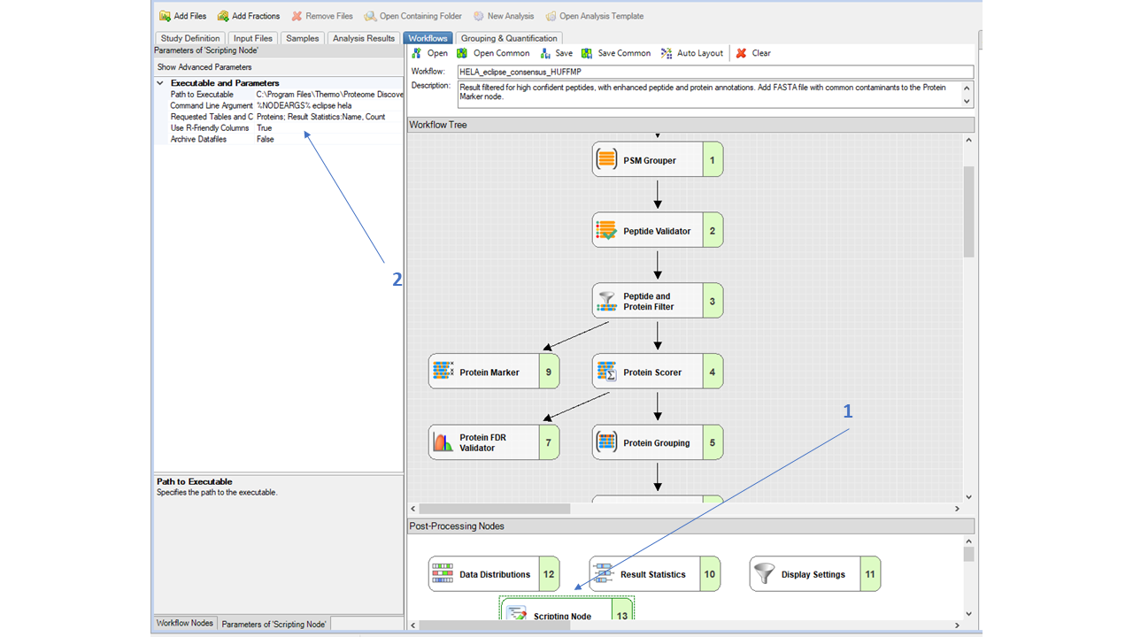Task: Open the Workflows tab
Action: pyautogui.click(x=428, y=38)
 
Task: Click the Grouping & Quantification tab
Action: pyautogui.click(x=509, y=38)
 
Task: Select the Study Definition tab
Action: pyautogui.click(x=189, y=38)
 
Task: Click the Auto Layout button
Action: pyautogui.click(x=692, y=53)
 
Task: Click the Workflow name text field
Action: pyautogui.click(x=714, y=72)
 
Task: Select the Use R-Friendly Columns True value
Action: pyautogui.click(x=265, y=128)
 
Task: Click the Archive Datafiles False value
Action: pyautogui.click(x=266, y=139)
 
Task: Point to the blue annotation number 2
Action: pyautogui.click(x=397, y=279)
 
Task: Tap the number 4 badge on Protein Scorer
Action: pyautogui.click(x=712, y=372)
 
